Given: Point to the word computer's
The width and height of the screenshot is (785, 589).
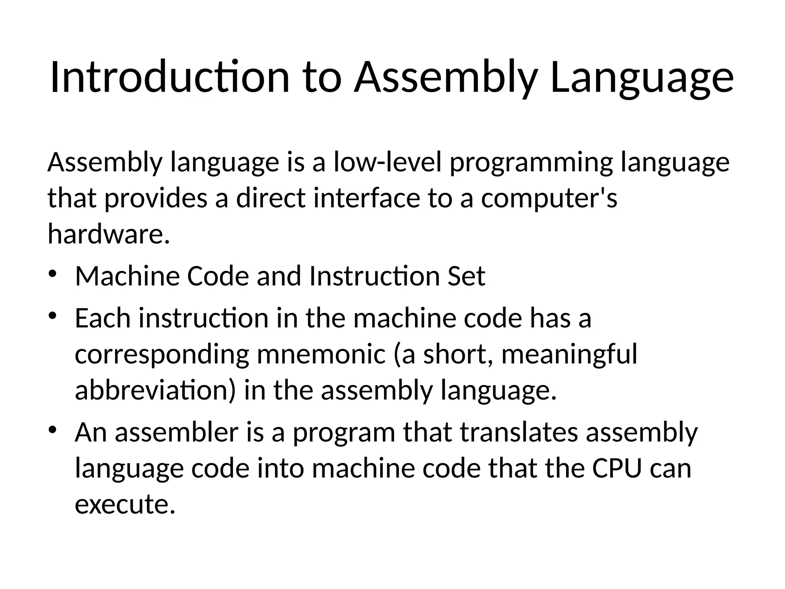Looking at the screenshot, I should (x=549, y=199).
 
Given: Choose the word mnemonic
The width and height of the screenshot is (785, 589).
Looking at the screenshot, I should (x=321, y=354).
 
